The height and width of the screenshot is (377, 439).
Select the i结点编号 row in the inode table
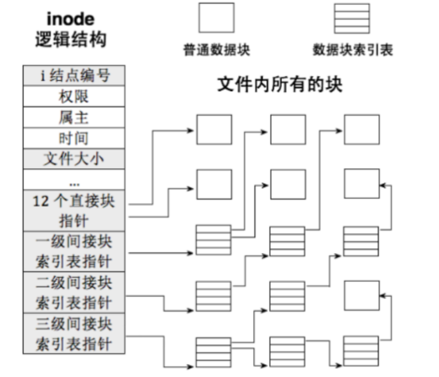click(75, 75)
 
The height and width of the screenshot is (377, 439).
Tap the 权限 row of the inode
click(75, 96)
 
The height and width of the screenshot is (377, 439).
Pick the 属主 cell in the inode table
click(75, 117)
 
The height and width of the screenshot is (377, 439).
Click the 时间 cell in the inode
click(75, 138)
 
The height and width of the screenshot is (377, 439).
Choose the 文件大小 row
click(75, 159)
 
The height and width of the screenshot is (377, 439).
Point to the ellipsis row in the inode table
click(75, 180)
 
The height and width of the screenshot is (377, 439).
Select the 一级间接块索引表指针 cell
click(75, 251)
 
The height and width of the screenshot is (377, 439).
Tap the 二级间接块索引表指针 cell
click(75, 293)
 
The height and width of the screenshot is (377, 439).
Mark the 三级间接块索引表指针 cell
click(75, 334)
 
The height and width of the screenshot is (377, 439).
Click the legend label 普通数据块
click(216, 50)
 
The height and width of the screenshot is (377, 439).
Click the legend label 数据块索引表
click(352, 50)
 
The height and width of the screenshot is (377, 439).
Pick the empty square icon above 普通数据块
click(216, 18)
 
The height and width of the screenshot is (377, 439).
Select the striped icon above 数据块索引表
click(352, 18)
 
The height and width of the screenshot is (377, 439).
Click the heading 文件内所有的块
click(279, 85)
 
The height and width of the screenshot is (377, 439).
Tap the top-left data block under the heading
click(213, 130)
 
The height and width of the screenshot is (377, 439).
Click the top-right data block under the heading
click(361, 130)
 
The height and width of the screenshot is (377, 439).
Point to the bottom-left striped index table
click(213, 352)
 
